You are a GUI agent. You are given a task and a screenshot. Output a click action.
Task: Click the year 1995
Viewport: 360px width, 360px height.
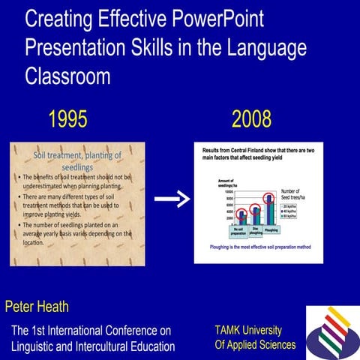click(67, 118)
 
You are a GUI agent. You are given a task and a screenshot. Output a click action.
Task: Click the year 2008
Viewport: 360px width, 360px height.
click(251, 118)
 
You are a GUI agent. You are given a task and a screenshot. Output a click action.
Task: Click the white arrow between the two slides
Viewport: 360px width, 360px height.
click(172, 199)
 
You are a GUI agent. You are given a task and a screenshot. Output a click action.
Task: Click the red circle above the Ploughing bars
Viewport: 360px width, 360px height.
click(270, 199)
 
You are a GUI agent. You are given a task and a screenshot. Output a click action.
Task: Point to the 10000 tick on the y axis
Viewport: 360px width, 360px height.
click(209, 192)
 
